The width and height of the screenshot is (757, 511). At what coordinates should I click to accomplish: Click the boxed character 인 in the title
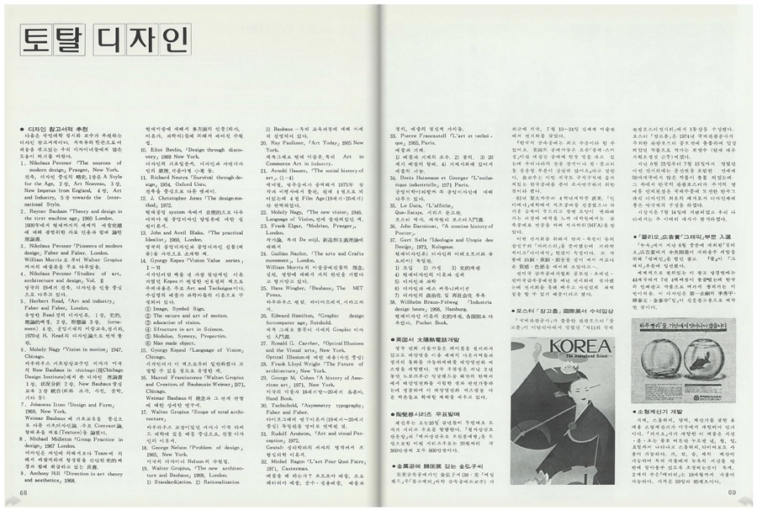(x=167, y=37)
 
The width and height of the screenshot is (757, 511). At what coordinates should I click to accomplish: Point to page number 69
(x=732, y=492)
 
